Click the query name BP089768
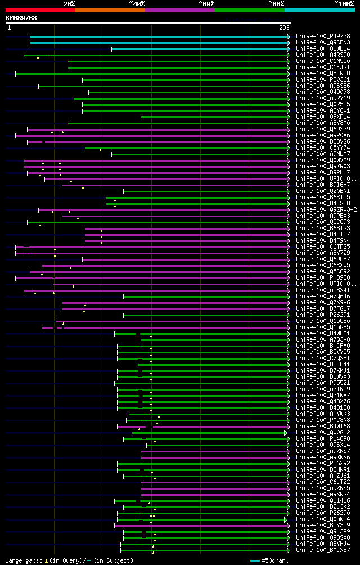click(x=21, y=18)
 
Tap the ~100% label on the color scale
click(x=344, y=3)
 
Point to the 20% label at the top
click(x=69, y=3)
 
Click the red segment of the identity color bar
click(x=40, y=10)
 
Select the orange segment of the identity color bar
click(x=110, y=10)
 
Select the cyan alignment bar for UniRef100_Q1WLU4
click(x=200, y=49)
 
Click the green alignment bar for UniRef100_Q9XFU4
click(x=214, y=117)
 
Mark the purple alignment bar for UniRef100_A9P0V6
click(x=152, y=136)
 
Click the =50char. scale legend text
click(x=275, y=560)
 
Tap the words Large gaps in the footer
click(x=22, y=560)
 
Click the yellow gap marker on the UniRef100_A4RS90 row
click(x=38, y=57)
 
